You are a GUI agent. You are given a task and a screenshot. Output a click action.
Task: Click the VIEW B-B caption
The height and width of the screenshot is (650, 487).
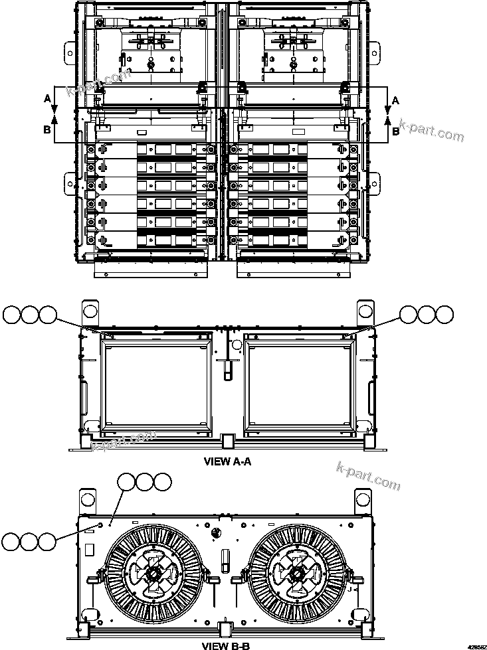click(227, 644)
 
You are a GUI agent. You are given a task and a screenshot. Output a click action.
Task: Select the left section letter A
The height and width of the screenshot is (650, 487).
click(47, 98)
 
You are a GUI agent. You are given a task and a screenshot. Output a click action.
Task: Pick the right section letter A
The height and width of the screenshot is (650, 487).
click(395, 100)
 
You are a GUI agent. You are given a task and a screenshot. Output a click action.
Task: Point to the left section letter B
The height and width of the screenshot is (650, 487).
click(47, 130)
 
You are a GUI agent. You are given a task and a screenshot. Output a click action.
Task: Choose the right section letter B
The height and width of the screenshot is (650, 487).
click(395, 131)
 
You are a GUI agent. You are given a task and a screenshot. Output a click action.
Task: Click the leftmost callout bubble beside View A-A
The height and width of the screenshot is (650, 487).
click(11, 315)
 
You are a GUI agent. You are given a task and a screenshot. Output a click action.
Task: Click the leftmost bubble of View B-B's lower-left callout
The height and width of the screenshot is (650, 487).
click(11, 541)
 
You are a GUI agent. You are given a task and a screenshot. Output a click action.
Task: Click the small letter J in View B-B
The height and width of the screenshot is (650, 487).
click(348, 588)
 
